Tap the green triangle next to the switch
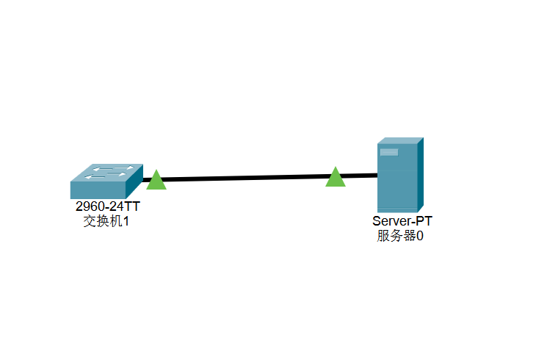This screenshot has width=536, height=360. coord(156,180)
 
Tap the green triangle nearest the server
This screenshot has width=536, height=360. coord(336,177)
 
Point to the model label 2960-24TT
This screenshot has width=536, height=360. coord(107,207)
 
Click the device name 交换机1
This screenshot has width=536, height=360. coord(106,221)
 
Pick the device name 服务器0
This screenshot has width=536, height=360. coord(400,236)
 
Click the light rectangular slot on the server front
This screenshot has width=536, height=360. coord(389,152)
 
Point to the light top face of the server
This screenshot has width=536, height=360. coord(401,140)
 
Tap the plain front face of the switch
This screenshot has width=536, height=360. coord(98,191)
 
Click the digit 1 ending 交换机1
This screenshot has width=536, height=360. coord(126,221)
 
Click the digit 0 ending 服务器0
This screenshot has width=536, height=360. coord(420,236)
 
